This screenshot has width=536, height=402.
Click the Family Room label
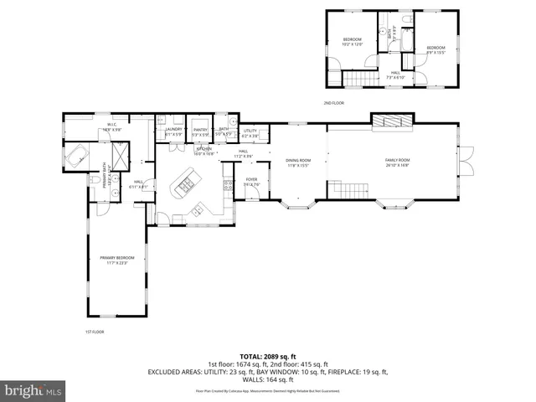[x=397, y=162]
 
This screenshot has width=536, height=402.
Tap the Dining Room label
[x=298, y=162]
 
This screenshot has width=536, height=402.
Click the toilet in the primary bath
[x=91, y=179]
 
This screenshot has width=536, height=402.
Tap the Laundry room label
[x=173, y=131]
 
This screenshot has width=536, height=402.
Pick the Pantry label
[x=200, y=131]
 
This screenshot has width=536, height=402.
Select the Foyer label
[x=251, y=181]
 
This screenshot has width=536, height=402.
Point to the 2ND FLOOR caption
[x=334, y=103]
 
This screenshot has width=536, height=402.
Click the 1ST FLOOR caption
[x=94, y=332]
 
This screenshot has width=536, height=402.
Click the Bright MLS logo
[x=32, y=389]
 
